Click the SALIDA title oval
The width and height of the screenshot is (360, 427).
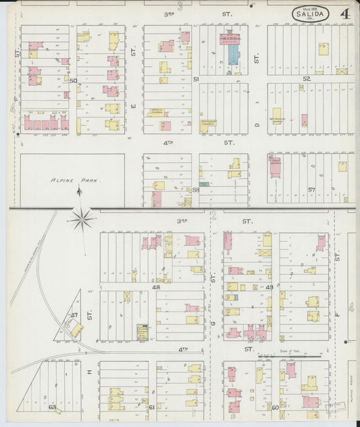[311, 14]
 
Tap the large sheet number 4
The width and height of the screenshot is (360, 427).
[344, 14]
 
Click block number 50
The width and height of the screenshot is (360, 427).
[73, 80]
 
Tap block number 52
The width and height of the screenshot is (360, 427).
[306, 79]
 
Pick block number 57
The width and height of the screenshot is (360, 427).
[311, 190]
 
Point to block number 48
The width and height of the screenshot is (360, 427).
[155, 286]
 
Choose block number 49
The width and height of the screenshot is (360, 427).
[269, 287]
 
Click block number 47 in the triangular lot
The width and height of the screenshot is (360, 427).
[74, 315]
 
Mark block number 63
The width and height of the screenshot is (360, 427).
[51, 407]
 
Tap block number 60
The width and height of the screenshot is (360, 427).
[275, 407]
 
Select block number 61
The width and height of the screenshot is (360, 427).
[151, 407]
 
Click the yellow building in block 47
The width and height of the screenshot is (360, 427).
[76, 329]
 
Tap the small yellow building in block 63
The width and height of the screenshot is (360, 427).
[59, 409]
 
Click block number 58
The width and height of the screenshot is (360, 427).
[196, 190]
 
